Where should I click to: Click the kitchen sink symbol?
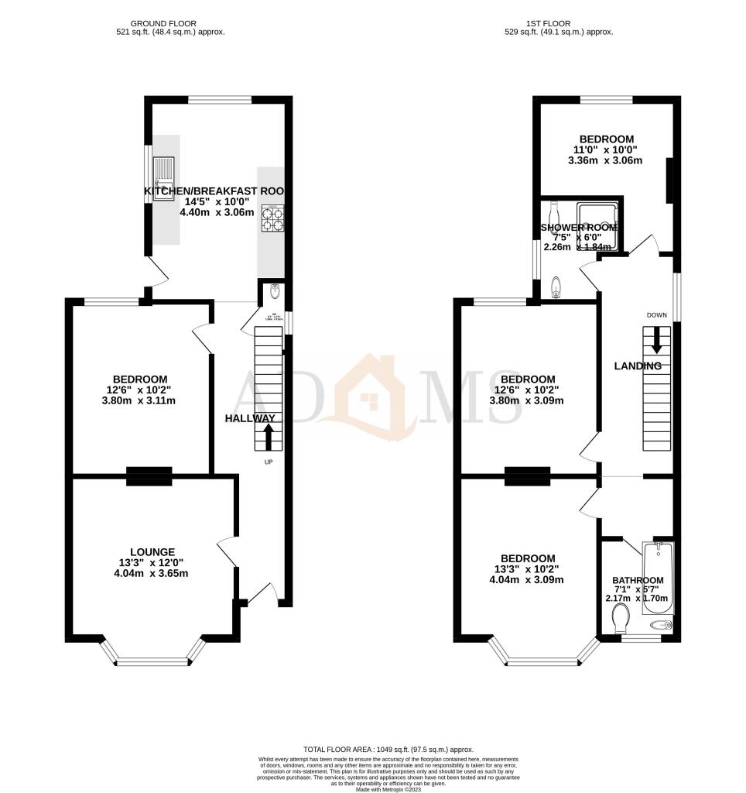164,179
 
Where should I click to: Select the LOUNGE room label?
152,551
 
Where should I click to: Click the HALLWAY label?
250,418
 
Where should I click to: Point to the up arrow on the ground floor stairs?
269,436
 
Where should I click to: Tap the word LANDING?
638,366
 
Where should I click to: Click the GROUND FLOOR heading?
163,24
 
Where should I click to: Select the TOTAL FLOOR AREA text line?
388,750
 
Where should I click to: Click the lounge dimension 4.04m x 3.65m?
152,574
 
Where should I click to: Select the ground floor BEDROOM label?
139,379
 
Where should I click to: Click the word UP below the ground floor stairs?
269,462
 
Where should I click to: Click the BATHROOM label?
638,580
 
